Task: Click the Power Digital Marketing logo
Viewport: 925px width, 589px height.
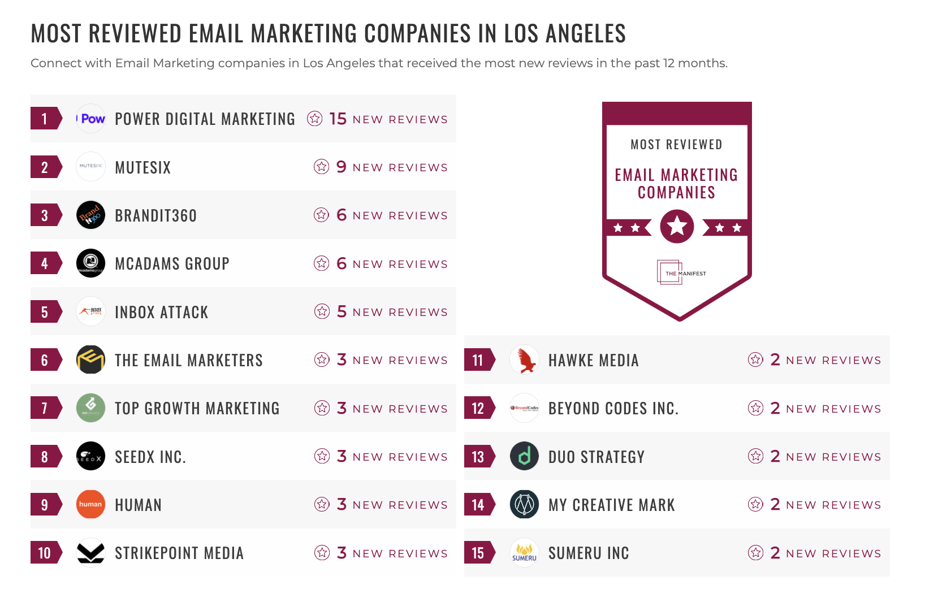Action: click(x=91, y=119)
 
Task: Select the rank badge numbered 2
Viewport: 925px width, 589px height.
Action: click(x=45, y=167)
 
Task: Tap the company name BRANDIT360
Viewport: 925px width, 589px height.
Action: click(x=155, y=216)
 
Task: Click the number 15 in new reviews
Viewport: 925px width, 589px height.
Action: click(x=338, y=119)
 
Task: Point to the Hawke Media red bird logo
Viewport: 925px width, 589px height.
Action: click(x=525, y=360)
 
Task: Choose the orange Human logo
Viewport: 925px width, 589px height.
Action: click(x=91, y=504)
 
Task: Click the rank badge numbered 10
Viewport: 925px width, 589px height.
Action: click(x=45, y=553)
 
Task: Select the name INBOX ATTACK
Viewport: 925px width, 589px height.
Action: click(x=161, y=312)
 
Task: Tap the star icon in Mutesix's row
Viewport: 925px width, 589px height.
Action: click(x=322, y=167)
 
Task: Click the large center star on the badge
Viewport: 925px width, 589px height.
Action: click(x=677, y=227)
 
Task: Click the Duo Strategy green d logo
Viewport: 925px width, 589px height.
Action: click(x=525, y=456)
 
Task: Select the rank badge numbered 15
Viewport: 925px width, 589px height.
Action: click(x=478, y=553)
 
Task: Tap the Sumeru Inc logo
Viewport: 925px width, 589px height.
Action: click(x=525, y=553)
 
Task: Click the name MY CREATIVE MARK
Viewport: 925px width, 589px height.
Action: click(x=611, y=505)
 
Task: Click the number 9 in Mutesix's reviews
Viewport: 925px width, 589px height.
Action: click(x=341, y=167)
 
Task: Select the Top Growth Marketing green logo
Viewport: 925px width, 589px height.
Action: click(x=91, y=408)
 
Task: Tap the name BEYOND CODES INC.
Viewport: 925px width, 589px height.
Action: click(x=613, y=408)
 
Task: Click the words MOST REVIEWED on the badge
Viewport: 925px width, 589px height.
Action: click(x=676, y=145)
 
